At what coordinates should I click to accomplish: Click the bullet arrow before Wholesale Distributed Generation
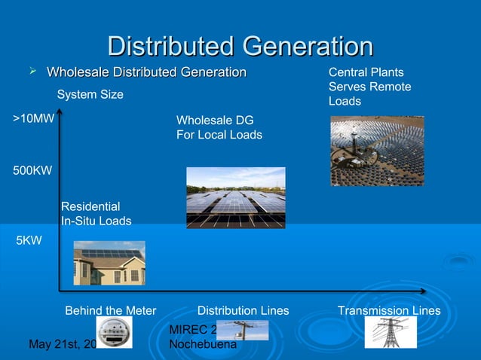(x=32, y=71)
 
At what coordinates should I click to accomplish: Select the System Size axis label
(x=90, y=95)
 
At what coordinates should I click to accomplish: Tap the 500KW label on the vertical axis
(x=32, y=170)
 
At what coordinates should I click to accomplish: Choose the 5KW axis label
(x=29, y=241)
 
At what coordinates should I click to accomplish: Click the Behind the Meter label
(x=111, y=310)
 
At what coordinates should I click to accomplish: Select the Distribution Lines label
(x=243, y=310)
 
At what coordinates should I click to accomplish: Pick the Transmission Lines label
(x=389, y=310)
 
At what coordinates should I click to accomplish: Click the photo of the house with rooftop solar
(x=109, y=262)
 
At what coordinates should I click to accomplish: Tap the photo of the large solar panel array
(x=235, y=197)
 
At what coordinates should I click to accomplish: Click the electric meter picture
(x=114, y=332)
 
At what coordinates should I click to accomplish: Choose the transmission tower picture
(x=391, y=332)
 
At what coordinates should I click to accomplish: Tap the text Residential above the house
(x=90, y=206)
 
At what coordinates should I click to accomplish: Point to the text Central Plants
(x=366, y=73)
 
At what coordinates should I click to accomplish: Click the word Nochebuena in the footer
(x=203, y=344)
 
